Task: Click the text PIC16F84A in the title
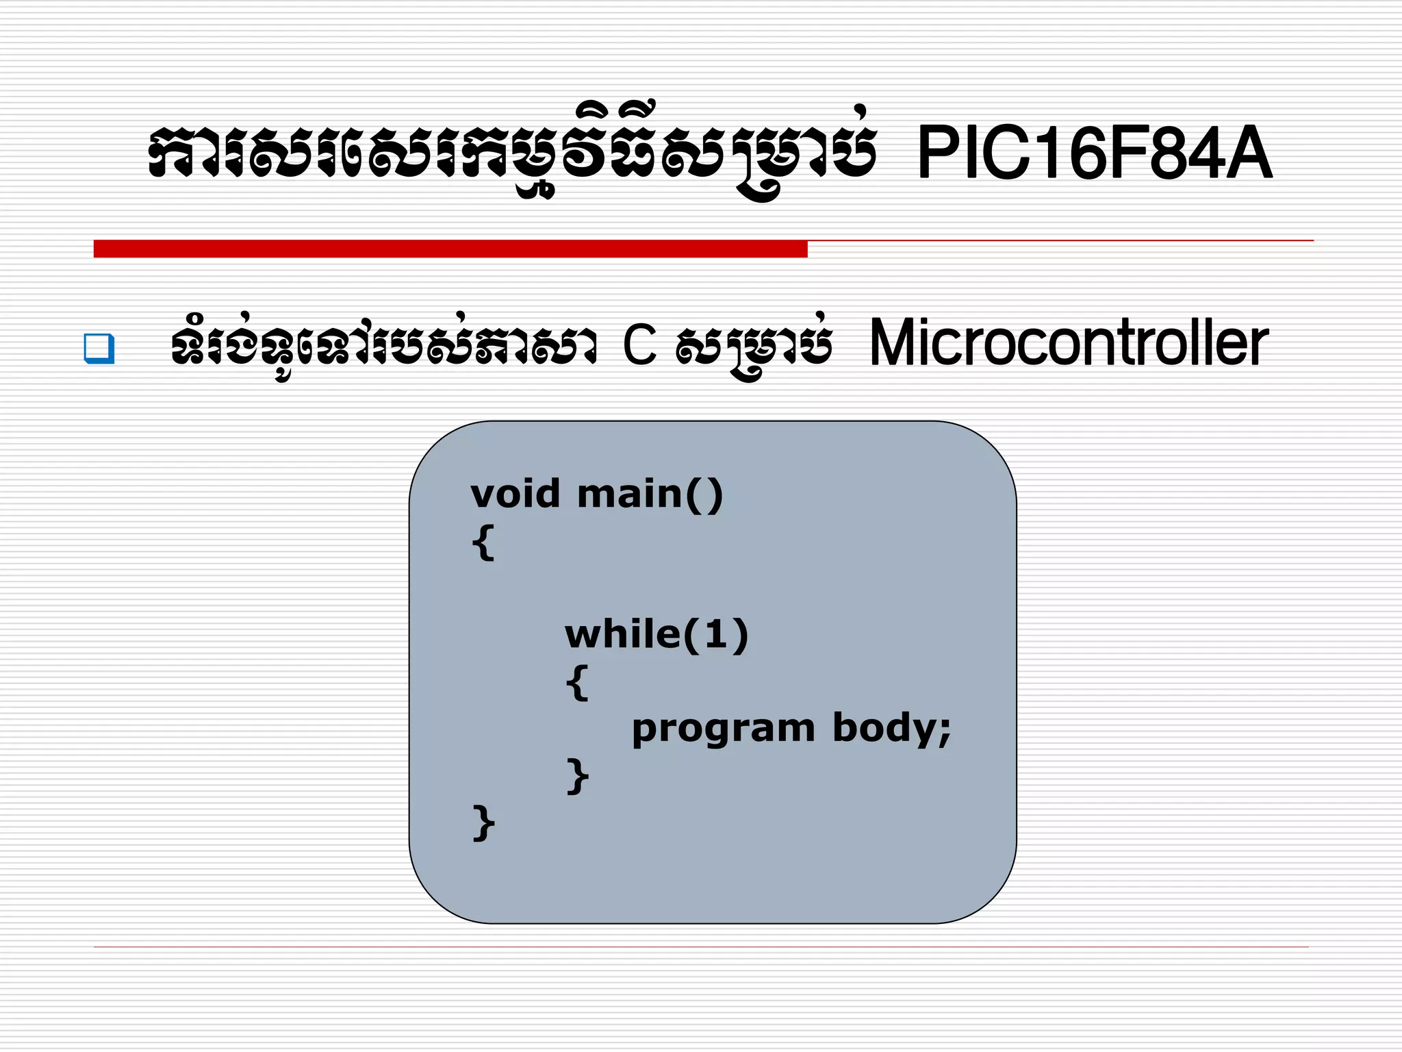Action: [x=1094, y=153]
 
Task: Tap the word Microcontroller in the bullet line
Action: [x=1068, y=343]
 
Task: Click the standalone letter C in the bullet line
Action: [x=639, y=345]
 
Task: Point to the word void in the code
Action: [x=515, y=494]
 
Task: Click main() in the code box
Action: [x=650, y=494]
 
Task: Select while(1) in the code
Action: [x=656, y=634]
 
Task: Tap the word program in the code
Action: [x=723, y=729]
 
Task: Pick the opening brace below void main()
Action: [x=483, y=542]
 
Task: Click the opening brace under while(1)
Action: [x=577, y=682]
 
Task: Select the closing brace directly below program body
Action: [x=577, y=776]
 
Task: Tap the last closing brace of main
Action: [x=483, y=823]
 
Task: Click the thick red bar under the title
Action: [x=450, y=249]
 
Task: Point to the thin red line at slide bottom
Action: [x=701, y=947]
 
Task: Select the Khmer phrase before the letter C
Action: [x=383, y=345]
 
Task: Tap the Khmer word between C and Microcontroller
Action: [x=754, y=347]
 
